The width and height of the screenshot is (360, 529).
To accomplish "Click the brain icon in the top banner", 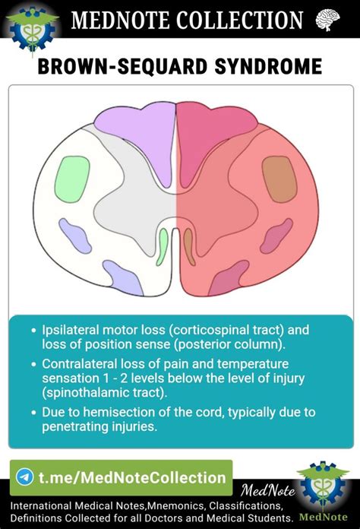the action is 327,20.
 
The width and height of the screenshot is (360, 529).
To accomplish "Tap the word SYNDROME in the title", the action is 268,66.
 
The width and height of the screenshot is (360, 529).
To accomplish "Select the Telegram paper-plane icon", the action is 25,477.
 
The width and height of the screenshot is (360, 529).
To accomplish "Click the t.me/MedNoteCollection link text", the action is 132,478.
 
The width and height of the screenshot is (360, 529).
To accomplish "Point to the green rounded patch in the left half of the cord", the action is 72,179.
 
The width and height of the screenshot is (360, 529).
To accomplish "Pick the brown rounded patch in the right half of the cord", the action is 279,179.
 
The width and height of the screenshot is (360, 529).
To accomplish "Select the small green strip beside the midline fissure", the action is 162,246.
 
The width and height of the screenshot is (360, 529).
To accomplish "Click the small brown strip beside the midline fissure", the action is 189,246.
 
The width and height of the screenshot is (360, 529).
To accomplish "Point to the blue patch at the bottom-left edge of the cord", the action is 123,277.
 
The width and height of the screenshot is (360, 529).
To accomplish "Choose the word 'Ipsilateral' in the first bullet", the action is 70,330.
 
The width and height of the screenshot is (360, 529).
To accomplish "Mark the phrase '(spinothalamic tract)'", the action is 105,393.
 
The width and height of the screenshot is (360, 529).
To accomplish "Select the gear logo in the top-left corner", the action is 33,28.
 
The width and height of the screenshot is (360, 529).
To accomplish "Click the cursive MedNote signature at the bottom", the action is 268,491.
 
